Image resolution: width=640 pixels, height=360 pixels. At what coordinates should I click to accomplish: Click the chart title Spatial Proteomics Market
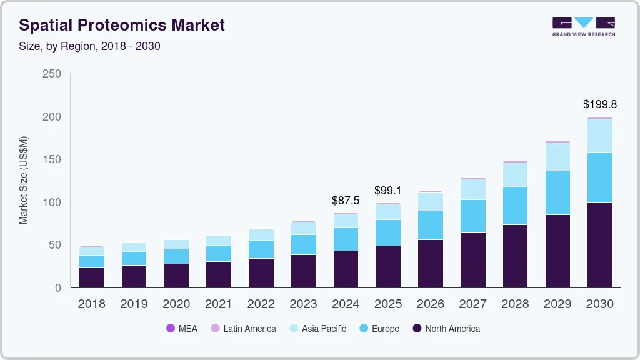[x=122, y=25]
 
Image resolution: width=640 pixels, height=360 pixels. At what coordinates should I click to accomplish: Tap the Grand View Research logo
[x=583, y=26]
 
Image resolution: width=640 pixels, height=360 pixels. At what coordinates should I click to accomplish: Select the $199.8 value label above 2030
[x=599, y=104]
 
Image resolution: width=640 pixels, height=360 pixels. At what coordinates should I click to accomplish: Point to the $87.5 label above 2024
[x=346, y=201]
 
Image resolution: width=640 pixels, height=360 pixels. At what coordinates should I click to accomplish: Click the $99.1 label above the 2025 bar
[x=388, y=190]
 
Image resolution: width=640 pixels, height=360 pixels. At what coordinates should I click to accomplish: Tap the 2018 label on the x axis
[x=91, y=304]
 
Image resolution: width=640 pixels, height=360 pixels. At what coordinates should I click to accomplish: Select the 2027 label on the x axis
[x=472, y=304]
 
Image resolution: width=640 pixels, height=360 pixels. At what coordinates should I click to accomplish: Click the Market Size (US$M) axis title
[x=24, y=180]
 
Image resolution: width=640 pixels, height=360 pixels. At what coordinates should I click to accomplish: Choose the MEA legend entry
[x=181, y=329]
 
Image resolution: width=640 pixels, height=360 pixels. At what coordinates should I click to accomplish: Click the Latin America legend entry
[x=243, y=329]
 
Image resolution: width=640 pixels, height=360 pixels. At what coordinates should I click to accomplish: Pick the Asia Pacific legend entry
[x=317, y=329]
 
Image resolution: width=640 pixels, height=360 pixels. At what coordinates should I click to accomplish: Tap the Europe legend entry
[x=379, y=329]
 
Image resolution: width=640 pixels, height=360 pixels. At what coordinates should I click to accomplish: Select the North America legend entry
[x=446, y=329]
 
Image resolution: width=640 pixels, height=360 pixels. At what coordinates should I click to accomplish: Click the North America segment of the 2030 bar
[x=599, y=245]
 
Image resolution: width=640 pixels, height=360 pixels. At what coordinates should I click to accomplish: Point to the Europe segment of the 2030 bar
[x=599, y=177]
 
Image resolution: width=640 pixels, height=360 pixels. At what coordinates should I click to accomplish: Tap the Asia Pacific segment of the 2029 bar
[x=557, y=157]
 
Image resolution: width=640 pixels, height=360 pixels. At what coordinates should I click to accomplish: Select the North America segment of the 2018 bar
[x=91, y=277]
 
